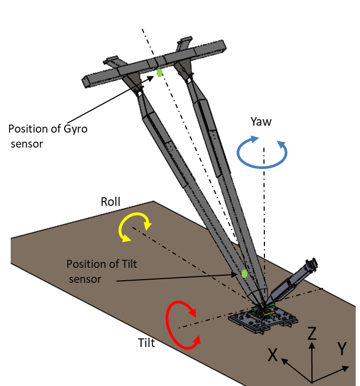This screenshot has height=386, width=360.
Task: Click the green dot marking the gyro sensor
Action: (x=159, y=73)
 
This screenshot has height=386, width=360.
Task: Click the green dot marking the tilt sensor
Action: (x=244, y=274)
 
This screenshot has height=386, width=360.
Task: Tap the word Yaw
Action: (x=261, y=121)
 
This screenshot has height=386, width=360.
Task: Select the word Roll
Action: (x=111, y=202)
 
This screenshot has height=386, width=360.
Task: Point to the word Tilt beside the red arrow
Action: (x=146, y=343)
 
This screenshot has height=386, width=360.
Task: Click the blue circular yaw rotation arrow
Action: (x=262, y=155)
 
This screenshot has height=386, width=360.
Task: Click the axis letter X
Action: (x=273, y=354)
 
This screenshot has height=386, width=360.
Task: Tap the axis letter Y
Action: (x=342, y=349)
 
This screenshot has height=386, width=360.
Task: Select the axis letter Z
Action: (x=312, y=334)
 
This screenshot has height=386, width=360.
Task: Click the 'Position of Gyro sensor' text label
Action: (x=48, y=136)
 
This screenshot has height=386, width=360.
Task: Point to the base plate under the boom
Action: (x=261, y=321)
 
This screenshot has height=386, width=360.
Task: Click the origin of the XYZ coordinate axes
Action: (x=312, y=381)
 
